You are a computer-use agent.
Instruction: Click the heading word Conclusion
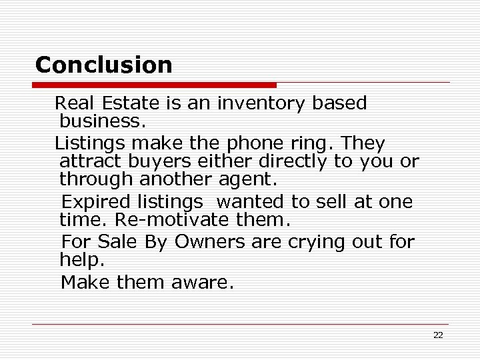pos(103,65)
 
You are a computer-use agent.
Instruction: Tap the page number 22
pos(437,335)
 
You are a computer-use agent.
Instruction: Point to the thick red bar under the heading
pos(154,85)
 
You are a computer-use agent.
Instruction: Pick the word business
pos(102,121)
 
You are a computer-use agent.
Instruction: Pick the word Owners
pos(210,241)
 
